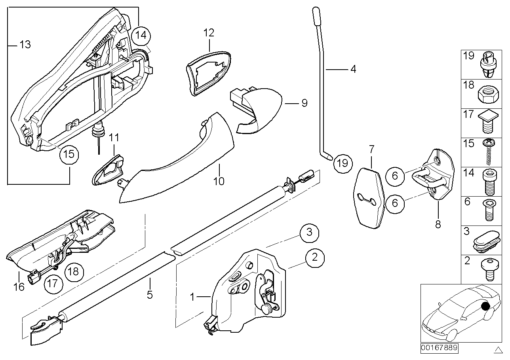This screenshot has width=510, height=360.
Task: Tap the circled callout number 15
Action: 69,154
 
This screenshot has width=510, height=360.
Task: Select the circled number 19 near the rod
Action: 343,162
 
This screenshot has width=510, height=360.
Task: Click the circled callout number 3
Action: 309,233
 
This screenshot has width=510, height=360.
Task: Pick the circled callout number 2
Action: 315,258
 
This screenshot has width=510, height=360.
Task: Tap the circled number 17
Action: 53,284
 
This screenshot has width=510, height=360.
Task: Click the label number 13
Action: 25,45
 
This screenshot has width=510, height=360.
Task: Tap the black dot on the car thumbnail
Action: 486,305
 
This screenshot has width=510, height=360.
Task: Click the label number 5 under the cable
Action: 150,295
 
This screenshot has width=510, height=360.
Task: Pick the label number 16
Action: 19,286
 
